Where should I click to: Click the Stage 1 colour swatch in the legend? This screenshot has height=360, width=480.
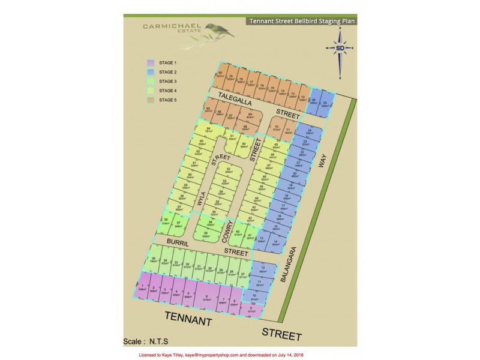(151, 62)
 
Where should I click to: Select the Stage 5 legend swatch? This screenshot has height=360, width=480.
(151, 100)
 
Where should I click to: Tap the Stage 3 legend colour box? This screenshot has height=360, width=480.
(151, 81)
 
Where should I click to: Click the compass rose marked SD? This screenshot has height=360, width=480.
(340, 49)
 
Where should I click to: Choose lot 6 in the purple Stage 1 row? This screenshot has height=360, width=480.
(206, 296)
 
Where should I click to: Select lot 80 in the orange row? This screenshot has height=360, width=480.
(220, 75)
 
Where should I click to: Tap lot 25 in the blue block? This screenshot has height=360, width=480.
(325, 104)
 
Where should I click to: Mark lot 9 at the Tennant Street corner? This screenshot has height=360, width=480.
(251, 310)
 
